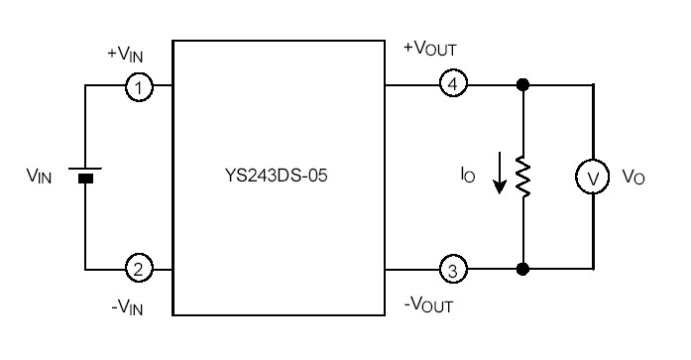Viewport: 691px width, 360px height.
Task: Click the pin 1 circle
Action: click(x=139, y=87)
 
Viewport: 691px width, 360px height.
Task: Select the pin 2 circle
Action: click(x=139, y=268)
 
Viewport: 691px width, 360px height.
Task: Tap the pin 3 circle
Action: click(x=452, y=268)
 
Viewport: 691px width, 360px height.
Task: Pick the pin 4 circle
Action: click(x=452, y=86)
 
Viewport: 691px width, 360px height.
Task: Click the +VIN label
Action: click(x=124, y=56)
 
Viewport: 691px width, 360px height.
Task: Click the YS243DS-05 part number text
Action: click(x=279, y=179)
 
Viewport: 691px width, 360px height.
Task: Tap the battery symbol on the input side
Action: click(x=86, y=177)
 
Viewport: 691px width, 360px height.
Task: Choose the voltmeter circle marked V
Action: click(x=592, y=178)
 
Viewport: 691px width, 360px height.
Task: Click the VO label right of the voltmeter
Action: click(x=633, y=178)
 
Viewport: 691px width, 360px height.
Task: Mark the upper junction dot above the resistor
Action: click(x=523, y=86)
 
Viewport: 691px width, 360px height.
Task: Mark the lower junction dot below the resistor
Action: click(x=523, y=268)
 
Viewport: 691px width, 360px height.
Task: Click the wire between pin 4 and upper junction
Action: click(x=492, y=86)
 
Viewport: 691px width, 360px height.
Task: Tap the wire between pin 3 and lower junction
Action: click(x=492, y=268)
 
